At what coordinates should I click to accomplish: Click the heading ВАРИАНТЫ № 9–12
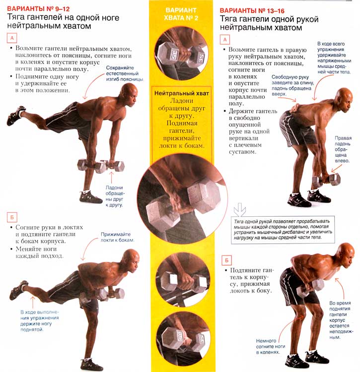38,9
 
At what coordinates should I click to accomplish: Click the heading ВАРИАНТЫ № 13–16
252,11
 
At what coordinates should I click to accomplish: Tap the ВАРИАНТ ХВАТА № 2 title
181,14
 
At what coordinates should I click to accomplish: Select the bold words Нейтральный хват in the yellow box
182,93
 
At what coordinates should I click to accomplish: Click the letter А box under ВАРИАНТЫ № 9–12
12,38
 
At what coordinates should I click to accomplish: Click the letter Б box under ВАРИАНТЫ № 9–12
12,217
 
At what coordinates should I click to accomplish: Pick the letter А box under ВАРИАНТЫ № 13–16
225,40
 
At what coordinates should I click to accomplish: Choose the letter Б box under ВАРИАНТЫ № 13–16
226,260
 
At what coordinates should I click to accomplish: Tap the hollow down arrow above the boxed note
240,209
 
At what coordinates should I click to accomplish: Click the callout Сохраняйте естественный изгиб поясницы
125,73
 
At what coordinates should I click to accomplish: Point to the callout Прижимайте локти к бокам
117,237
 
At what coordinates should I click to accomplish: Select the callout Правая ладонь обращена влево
343,149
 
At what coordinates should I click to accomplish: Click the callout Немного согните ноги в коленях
271,346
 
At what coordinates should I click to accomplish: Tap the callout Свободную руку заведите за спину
292,85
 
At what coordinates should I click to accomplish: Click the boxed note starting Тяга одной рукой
283,230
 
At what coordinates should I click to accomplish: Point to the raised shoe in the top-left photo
16,116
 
